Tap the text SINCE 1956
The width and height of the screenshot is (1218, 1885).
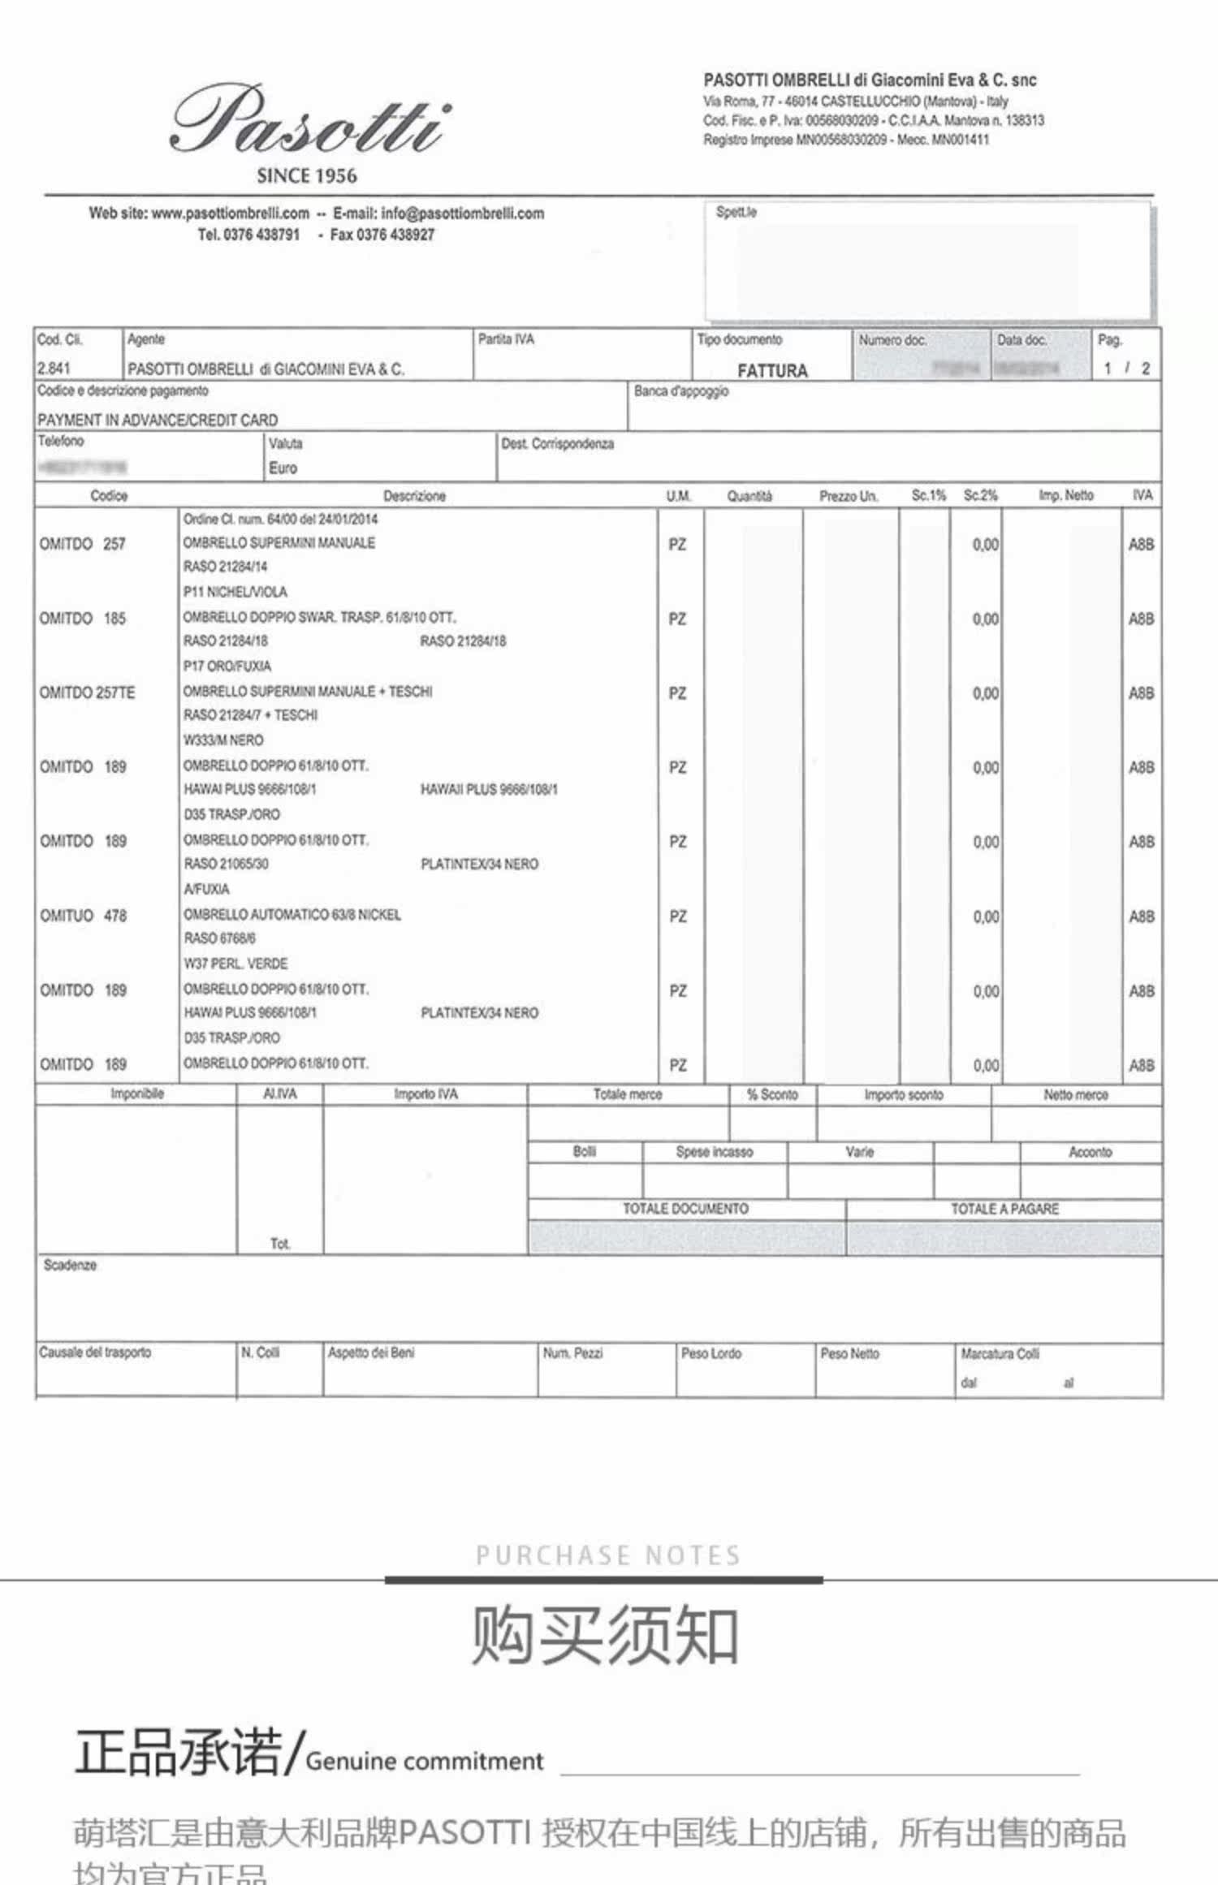coord(307,175)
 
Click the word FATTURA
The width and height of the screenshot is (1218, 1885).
coord(772,371)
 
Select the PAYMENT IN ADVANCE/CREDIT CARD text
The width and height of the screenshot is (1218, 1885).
coord(158,420)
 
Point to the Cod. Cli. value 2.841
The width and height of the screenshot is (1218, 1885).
coord(54,368)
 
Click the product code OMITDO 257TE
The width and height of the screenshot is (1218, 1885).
coord(87,692)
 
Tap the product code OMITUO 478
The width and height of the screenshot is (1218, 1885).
coord(84,916)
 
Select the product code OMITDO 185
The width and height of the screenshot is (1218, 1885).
coord(83,619)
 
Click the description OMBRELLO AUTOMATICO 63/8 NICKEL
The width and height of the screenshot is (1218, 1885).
coord(292,915)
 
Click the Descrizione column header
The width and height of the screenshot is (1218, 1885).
coord(414,496)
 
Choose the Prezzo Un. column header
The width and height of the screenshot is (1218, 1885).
coord(849,496)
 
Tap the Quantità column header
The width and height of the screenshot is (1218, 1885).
coord(749,496)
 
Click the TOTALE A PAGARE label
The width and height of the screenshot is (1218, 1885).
coord(1004,1209)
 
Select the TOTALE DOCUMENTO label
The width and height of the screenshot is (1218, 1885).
coord(685,1209)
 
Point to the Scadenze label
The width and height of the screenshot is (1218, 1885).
coord(70,1265)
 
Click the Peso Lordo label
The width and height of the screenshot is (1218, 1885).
coord(711,1353)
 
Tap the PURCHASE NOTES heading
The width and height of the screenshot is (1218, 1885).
coord(608,1555)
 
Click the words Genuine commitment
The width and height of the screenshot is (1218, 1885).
coord(424,1761)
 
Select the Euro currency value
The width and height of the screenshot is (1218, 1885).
coord(283,468)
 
